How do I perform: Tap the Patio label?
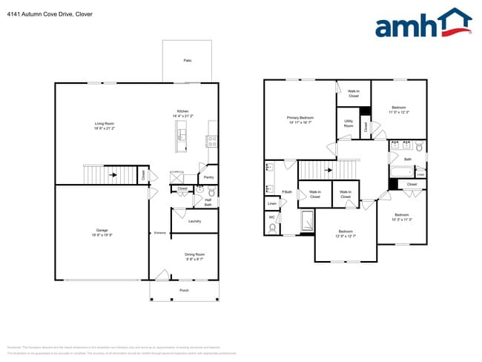pyautogui.click(x=188, y=61)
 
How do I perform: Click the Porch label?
pyautogui.click(x=185, y=291)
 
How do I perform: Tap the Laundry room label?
pyautogui.click(x=195, y=221)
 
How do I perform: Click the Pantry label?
pyautogui.click(x=208, y=177)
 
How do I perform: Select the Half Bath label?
pyautogui.click(x=208, y=202)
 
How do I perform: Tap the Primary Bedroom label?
pyautogui.click(x=300, y=120)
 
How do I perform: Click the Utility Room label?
pyautogui.click(x=349, y=124)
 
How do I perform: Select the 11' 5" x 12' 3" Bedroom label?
pyautogui.click(x=399, y=111)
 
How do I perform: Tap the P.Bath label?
pyautogui.click(x=286, y=191)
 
